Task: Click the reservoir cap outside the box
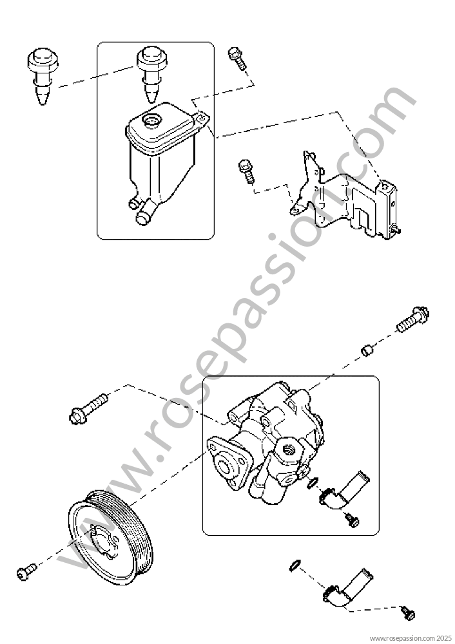[43, 76]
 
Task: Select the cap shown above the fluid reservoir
[151, 74]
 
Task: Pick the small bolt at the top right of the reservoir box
[237, 59]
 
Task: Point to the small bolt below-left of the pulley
[26, 572]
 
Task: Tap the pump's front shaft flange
[228, 462]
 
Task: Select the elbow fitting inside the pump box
[340, 493]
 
